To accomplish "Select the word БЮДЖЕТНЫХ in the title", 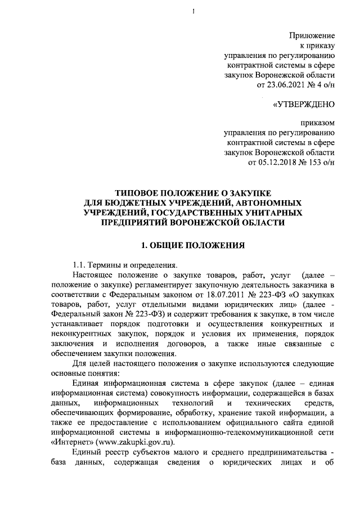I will (x=129, y=202).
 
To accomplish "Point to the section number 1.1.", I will (x=80, y=264).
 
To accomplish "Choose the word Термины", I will (x=110, y=264).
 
